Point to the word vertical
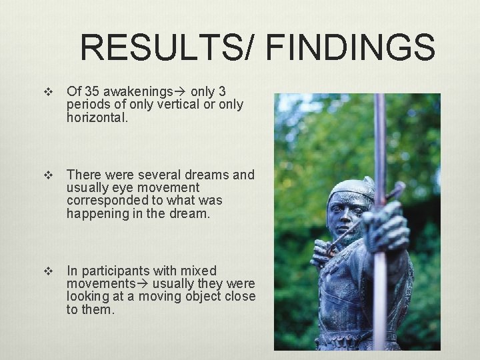click(x=169, y=104)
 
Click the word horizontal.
click(x=95, y=117)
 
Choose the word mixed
click(x=199, y=271)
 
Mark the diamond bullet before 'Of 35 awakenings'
click(x=47, y=92)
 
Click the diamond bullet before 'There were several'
click(x=47, y=175)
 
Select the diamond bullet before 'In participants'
click(x=47, y=271)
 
